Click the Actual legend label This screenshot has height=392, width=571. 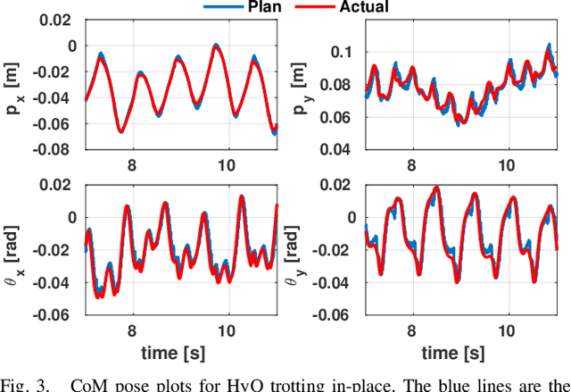[364, 7]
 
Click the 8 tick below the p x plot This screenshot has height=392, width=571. [132, 164]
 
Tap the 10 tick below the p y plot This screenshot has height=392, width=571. [507, 164]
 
